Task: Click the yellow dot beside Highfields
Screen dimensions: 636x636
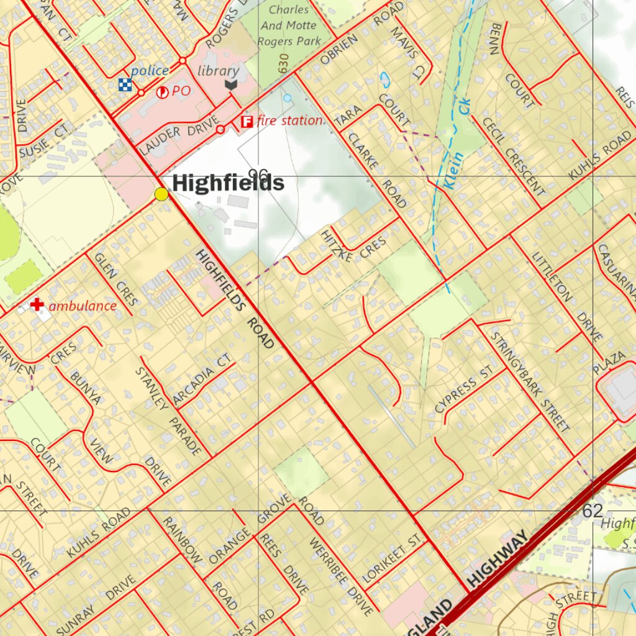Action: [161, 194]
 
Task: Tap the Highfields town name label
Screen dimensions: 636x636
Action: [228, 183]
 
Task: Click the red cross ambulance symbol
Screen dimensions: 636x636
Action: [37, 304]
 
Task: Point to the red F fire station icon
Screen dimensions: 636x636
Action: [247, 121]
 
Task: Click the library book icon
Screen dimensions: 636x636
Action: [231, 84]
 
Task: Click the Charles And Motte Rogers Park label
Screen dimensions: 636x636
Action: [289, 25]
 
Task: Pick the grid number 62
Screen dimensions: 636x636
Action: [593, 511]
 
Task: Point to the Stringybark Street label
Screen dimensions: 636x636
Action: [530, 382]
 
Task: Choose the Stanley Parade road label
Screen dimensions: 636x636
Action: [168, 410]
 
